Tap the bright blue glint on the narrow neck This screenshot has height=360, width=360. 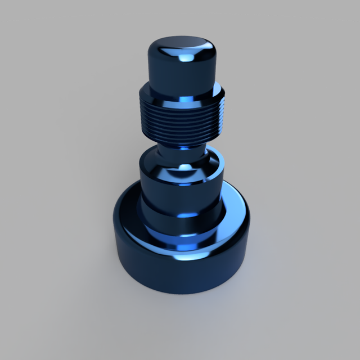[184, 147]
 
